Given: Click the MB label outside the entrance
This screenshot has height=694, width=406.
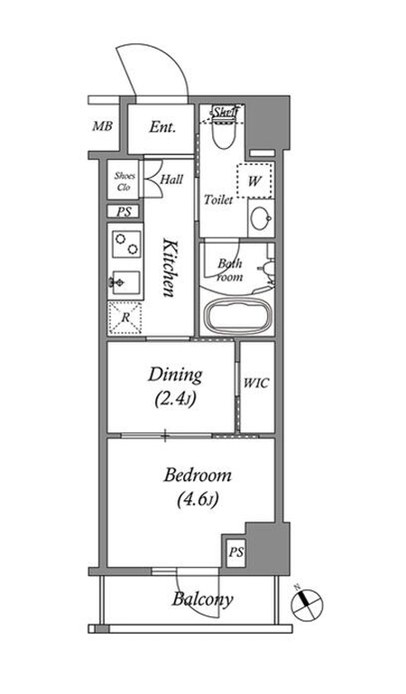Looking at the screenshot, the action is [102, 126].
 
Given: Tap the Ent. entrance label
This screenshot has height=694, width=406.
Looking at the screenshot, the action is [162, 127].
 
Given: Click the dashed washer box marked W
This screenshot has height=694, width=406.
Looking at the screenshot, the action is [254, 181].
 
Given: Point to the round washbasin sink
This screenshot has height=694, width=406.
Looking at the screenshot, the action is [261, 217].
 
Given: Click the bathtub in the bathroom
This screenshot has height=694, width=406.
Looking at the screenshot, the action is [238, 316].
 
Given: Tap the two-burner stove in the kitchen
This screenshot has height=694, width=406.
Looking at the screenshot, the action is [126, 244].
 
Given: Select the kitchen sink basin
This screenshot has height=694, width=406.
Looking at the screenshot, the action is [125, 282].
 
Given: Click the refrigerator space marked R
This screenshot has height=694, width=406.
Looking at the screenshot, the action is [125, 318].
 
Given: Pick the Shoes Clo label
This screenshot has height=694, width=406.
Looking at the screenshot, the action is [125, 181].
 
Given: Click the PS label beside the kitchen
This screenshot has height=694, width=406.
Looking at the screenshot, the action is [125, 212].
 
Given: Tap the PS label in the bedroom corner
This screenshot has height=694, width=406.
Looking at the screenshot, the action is [235, 552].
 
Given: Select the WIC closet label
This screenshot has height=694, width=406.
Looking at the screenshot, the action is [256, 384].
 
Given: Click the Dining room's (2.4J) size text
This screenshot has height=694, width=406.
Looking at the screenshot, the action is [176, 400].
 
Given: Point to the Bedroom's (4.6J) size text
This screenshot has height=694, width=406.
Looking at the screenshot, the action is [198, 500].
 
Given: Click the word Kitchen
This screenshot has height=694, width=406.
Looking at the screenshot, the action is [169, 268].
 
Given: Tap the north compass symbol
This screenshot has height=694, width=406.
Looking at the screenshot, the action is [307, 604].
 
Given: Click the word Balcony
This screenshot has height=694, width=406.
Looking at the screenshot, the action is [202, 599].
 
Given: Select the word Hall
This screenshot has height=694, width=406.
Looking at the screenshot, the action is [171, 180].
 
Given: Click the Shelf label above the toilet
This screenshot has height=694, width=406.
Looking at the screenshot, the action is [226, 113].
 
